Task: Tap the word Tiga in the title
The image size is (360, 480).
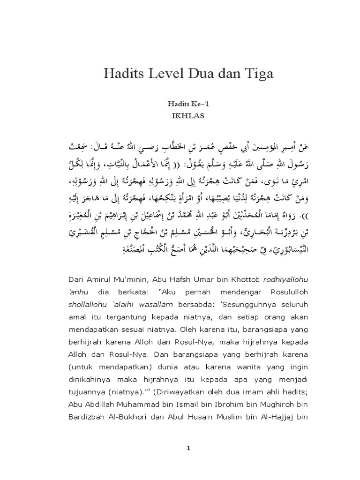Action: click(257, 75)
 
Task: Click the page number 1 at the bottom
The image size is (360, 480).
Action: click(188, 448)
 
